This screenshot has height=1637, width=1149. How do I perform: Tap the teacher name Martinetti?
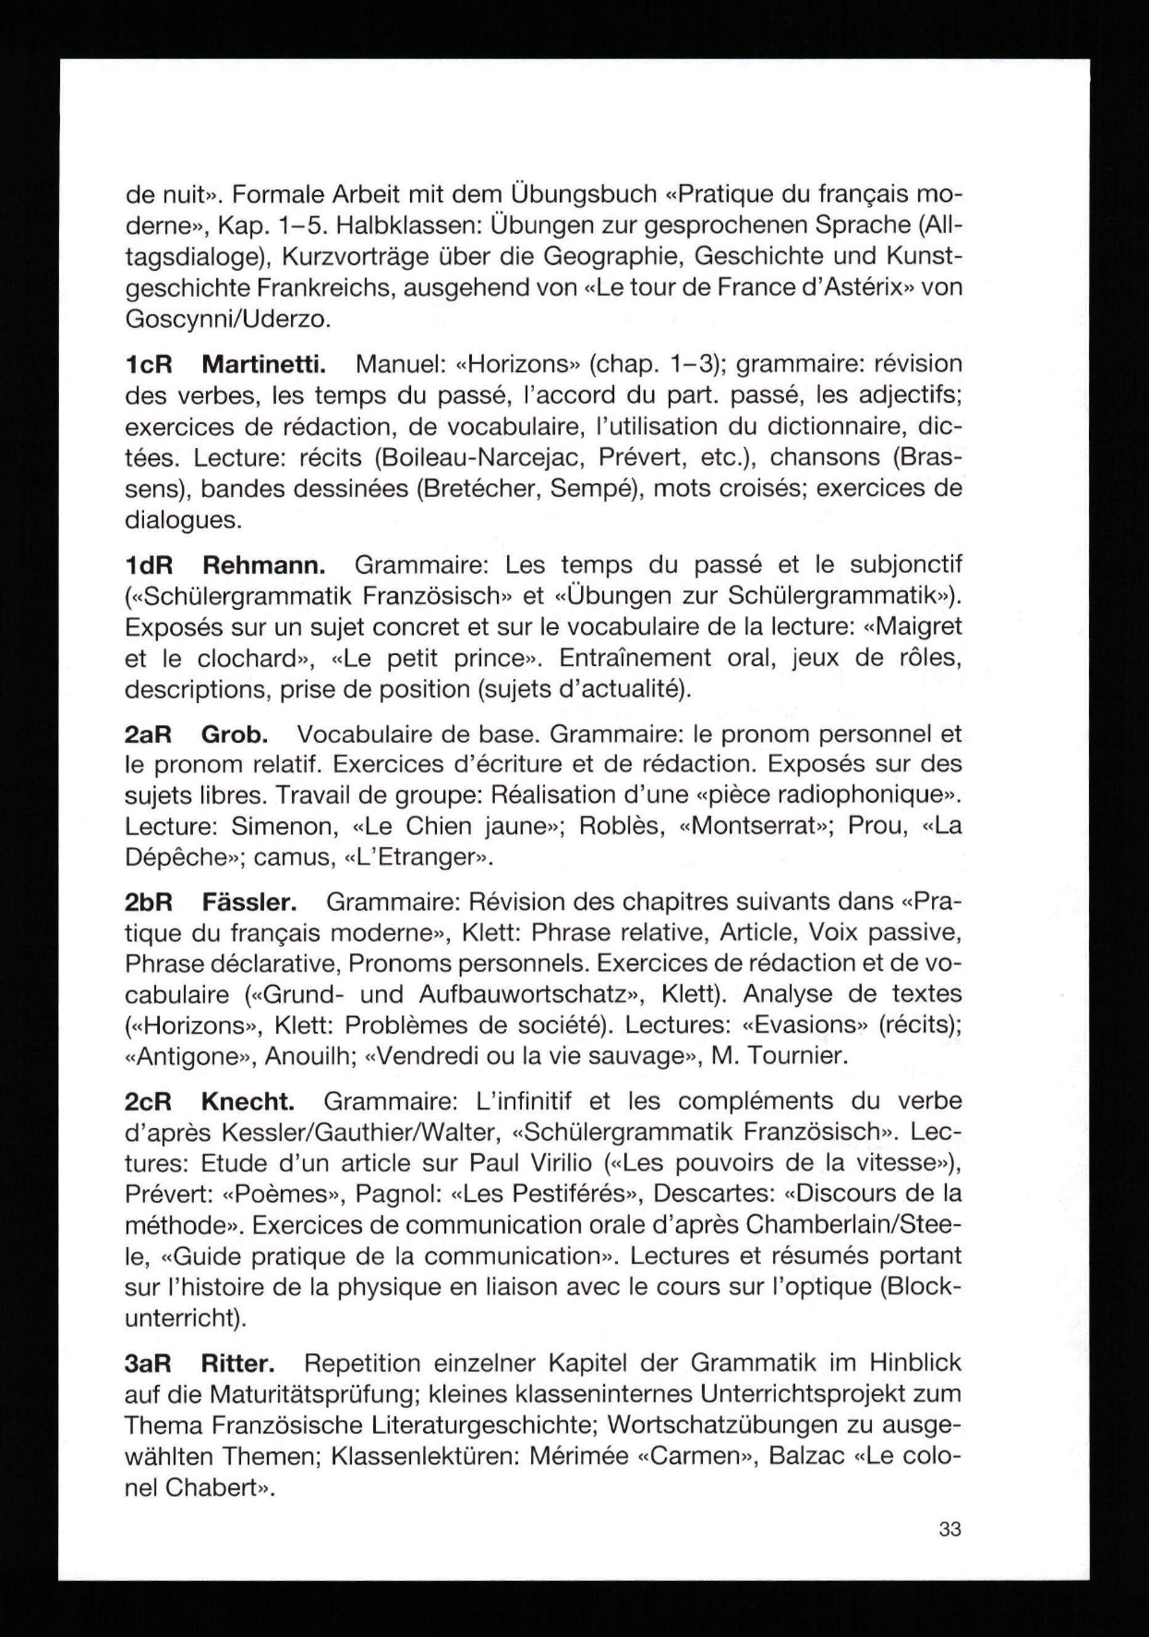point(264,364)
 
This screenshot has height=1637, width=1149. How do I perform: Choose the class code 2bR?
point(149,902)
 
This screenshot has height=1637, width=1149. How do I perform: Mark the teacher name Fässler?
point(249,902)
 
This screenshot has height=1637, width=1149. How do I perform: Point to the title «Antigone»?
point(189,1056)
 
